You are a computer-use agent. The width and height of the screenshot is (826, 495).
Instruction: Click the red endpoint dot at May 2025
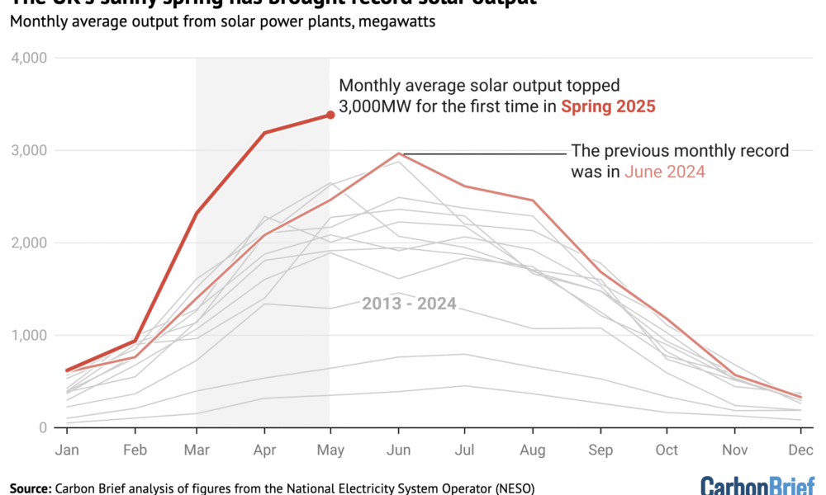tap(330, 115)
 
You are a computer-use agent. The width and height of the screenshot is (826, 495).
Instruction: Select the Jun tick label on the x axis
tap(398, 450)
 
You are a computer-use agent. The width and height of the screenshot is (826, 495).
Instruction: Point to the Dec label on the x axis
tap(800, 450)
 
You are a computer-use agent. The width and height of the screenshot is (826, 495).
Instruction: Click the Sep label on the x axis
tap(600, 450)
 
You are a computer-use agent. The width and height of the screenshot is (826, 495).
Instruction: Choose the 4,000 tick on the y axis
tap(30, 59)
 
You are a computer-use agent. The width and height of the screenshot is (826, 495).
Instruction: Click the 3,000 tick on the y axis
tap(30, 151)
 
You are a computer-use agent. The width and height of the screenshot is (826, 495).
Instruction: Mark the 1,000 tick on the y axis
tap(30, 336)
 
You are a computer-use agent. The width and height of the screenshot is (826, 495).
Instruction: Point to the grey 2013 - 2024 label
tap(410, 303)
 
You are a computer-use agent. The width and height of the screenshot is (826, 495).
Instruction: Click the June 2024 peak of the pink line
tap(399, 153)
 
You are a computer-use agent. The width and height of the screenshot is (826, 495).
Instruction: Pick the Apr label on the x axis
tap(264, 450)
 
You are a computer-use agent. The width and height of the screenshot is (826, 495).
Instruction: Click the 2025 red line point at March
tap(197, 214)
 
